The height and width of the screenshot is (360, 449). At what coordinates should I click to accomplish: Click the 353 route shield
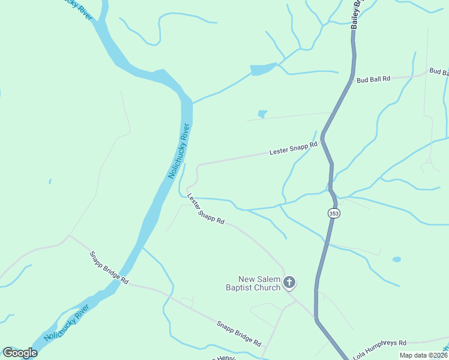tap(334, 214)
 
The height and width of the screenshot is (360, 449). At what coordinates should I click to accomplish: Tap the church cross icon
tap(289, 282)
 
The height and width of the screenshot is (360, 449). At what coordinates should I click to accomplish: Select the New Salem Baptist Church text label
tap(259, 283)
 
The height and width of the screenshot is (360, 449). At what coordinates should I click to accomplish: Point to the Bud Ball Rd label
tap(373, 79)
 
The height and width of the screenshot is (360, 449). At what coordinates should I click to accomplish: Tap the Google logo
tap(19, 353)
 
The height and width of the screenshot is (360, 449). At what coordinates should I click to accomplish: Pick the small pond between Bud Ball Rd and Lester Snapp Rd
tap(262, 113)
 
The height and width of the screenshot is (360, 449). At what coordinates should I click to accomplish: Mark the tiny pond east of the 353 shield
tap(396, 259)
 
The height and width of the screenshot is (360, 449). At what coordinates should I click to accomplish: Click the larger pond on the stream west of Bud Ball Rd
tap(263, 69)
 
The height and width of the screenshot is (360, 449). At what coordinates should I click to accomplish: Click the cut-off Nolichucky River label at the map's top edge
tap(77, 8)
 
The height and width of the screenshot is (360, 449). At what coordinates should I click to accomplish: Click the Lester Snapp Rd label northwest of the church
tap(205, 209)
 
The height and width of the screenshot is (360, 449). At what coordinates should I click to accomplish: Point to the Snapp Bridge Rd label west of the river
tap(109, 268)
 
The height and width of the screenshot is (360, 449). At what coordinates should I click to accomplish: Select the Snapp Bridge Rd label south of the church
tap(239, 333)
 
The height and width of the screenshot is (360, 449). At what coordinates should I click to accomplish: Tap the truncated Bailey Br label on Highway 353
tap(358, 13)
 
